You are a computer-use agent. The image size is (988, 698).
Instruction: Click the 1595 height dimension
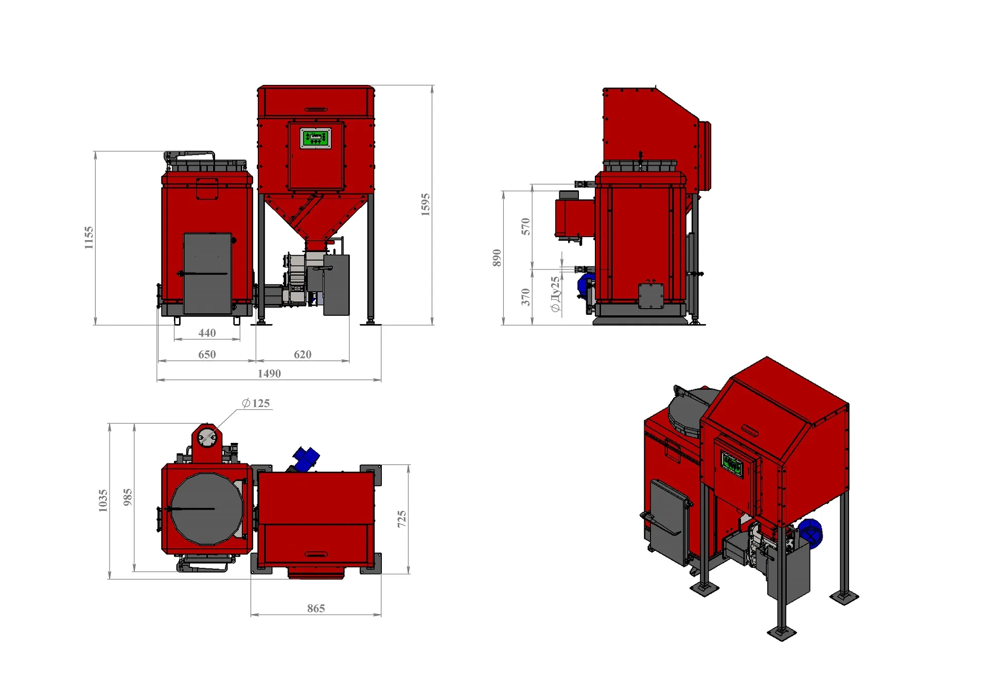coord(425,205)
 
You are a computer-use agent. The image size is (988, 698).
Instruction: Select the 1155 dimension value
coord(89,238)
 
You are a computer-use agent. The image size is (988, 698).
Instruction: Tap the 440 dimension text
coord(207,333)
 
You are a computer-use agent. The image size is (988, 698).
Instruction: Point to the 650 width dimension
coord(207,354)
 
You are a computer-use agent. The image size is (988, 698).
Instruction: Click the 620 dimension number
coord(303,354)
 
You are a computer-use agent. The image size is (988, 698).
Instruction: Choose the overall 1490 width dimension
coord(269,373)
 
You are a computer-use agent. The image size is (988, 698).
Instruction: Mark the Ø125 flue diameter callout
coord(256,403)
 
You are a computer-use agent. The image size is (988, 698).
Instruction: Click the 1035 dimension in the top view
coord(103,500)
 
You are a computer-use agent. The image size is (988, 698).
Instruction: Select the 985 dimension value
coord(128,497)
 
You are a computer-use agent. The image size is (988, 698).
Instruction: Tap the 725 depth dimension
coord(401,519)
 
